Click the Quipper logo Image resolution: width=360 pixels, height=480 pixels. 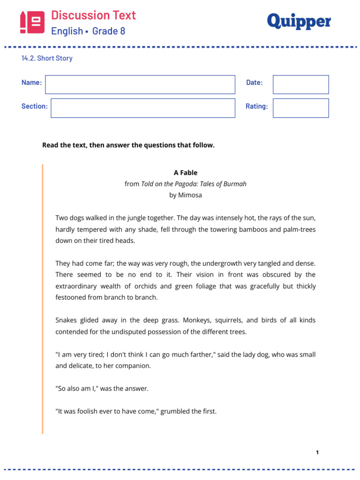(299, 22)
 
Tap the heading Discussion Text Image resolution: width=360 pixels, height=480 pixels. (93, 15)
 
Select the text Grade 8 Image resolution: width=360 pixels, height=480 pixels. (109, 31)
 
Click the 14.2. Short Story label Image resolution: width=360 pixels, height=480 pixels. (47, 59)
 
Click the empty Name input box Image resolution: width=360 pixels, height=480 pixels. (140, 84)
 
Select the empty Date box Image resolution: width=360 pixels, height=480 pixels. (300, 84)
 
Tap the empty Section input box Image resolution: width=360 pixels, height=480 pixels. (142, 108)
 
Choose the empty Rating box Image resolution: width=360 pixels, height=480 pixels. (300, 108)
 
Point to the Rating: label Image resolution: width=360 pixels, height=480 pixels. (256, 106)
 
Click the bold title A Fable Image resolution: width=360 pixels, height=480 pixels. (185, 172)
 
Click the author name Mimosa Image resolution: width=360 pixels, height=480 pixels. (190, 195)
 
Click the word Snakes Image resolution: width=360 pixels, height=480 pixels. (66, 320)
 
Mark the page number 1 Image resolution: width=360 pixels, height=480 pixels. (317, 452)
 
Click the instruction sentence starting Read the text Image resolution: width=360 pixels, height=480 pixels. (128, 145)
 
